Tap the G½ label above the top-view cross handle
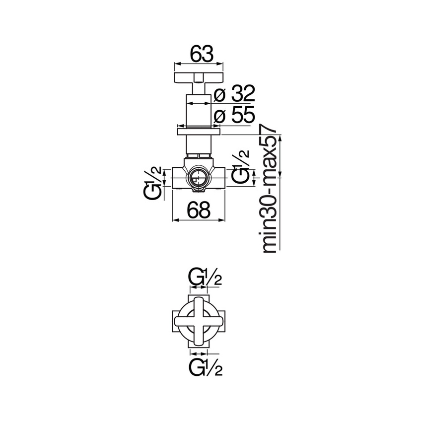tap(205, 278)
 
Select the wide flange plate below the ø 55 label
tap(199, 132)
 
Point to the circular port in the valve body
tap(199, 178)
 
